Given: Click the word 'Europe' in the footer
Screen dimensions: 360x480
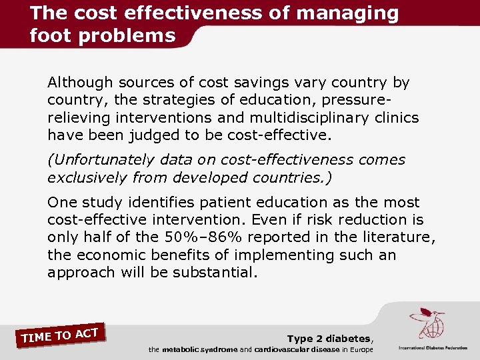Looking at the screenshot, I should click(359, 350).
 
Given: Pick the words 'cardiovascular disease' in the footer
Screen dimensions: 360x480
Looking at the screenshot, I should click(297, 350).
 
